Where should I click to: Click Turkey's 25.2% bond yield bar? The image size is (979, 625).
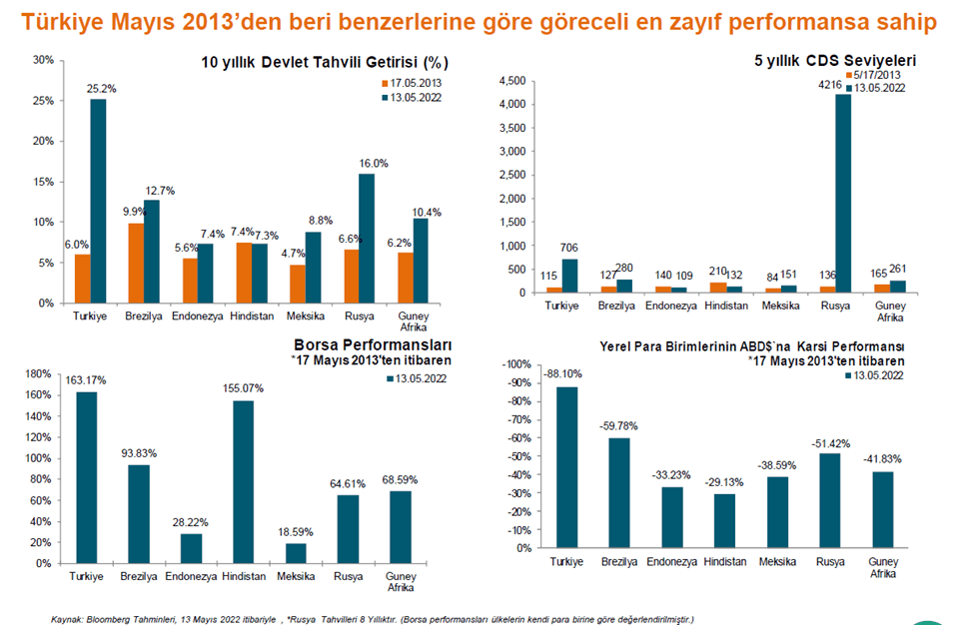coord(98,200)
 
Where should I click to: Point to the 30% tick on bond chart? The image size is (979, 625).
coord(43,60)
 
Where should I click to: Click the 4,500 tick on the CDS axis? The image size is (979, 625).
coord(510,81)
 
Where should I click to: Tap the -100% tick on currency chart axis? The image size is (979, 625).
coord(520,363)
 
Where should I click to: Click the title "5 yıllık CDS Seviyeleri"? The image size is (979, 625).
coord(834,61)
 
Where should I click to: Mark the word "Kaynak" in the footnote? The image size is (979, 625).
coord(66,619)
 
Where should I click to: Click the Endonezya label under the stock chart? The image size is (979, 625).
coord(187,577)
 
